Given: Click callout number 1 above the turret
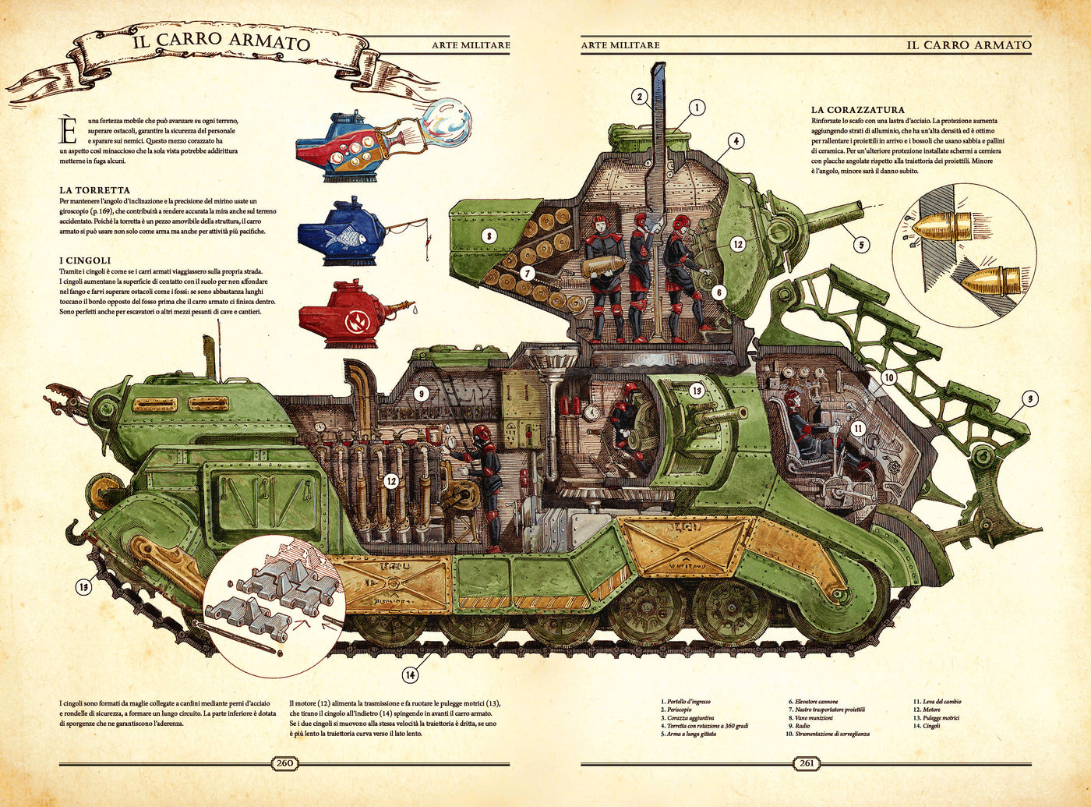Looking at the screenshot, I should (696, 108).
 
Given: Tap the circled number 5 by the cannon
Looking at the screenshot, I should (860, 245).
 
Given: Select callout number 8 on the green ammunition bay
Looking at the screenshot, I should (489, 235).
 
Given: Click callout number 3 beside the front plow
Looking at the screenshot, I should (1029, 399).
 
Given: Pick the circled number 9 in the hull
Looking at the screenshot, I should (421, 394).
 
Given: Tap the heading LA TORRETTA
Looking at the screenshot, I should (94, 190).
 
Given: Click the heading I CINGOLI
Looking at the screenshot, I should (85, 260).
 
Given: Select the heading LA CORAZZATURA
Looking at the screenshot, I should (857, 111).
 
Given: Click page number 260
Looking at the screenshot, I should (285, 763).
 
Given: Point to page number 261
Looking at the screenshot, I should (807, 763).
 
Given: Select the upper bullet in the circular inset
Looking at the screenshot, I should (943, 228).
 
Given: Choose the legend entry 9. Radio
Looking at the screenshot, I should (800, 725).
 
